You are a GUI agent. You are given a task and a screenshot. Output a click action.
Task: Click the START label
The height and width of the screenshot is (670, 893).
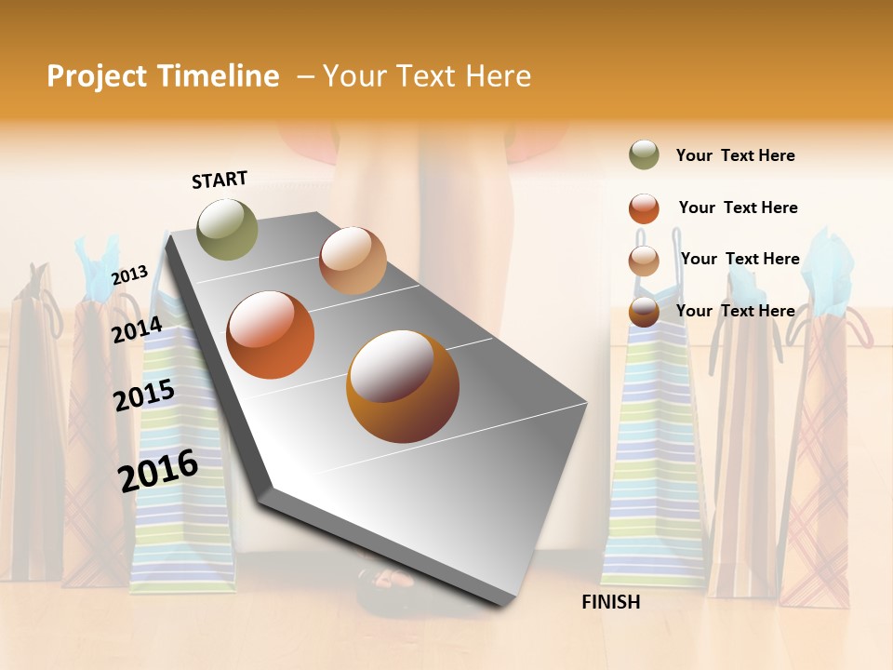220,180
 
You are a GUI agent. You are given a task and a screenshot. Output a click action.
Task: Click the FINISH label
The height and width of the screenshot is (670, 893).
611,602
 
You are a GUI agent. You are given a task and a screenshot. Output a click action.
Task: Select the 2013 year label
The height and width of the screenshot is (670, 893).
129,275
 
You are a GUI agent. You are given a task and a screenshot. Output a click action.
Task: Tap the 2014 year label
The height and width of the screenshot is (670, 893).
138,329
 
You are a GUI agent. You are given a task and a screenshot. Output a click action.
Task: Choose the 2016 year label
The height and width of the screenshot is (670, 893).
158,469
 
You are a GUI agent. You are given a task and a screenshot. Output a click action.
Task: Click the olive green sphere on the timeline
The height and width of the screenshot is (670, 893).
227,229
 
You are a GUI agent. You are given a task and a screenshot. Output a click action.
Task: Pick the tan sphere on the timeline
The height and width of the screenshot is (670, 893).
353,261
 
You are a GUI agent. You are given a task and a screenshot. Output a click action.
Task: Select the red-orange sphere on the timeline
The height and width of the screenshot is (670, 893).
271,335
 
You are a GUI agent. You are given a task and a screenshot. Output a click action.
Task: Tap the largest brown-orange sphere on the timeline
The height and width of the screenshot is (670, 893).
403,386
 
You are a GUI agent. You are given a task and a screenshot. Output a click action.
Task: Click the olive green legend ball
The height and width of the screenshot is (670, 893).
644,155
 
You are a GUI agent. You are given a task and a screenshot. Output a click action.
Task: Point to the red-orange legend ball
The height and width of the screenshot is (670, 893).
644,208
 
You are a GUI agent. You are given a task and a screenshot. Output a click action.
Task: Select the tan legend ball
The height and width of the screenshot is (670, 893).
644,261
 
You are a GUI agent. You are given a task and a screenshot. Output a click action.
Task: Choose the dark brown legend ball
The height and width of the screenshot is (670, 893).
644,312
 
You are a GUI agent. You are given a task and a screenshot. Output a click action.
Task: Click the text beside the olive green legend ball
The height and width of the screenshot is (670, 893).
735,155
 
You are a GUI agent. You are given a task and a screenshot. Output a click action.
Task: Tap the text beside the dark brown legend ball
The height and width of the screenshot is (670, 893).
735,311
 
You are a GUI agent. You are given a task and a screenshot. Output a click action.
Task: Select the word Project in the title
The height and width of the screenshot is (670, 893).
98,76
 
